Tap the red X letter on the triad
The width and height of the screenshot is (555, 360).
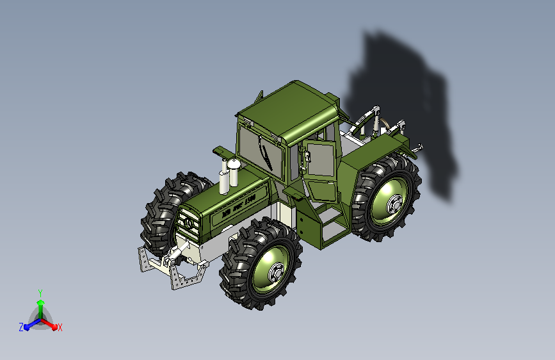click(60, 327)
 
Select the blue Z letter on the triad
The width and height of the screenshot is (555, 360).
click(21, 327)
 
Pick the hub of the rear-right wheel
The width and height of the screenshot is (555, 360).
click(392, 205)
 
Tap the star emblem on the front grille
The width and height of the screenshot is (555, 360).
click(191, 224)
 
